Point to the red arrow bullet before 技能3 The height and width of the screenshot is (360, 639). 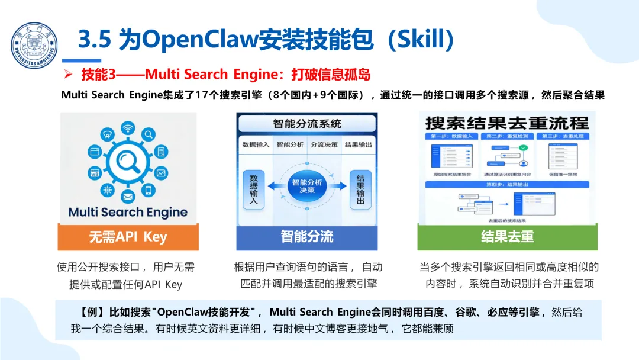pyautogui.click(x=68, y=75)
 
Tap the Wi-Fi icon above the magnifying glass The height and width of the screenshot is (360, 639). pyautogui.click(x=128, y=128)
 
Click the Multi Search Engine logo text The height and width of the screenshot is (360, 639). pyautogui.click(x=128, y=212)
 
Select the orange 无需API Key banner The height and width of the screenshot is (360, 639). pyautogui.click(x=128, y=237)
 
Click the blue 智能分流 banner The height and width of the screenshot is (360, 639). pyautogui.click(x=306, y=237)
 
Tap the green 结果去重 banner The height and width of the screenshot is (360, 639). pyautogui.click(x=507, y=237)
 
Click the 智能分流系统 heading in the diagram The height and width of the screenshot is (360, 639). pyautogui.click(x=306, y=124)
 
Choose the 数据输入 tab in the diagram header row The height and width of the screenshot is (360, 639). pyautogui.click(x=256, y=144)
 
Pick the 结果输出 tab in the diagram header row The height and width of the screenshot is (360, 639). pyautogui.click(x=358, y=144)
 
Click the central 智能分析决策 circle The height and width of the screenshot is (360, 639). pyautogui.click(x=306, y=186)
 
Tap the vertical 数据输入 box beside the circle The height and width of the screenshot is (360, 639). pyautogui.click(x=253, y=189)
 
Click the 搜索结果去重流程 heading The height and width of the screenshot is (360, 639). pyautogui.click(x=507, y=123)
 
